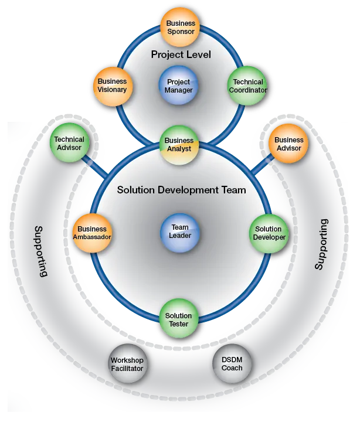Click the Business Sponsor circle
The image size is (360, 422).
181,27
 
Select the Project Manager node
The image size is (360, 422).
179,86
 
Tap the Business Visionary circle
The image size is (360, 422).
112,86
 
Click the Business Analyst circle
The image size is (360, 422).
179,144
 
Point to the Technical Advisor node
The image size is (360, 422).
69,144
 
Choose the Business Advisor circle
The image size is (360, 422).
288,144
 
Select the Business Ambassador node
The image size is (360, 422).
91,233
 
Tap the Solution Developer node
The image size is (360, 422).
270,233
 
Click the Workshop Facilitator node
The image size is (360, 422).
127,364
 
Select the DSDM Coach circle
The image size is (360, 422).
232,364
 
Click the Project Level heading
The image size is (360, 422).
181,55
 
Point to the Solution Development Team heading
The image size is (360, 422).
181,190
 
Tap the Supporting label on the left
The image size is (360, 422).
40,250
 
